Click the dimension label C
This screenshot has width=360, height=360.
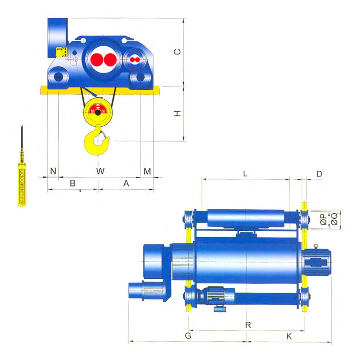click(177, 51)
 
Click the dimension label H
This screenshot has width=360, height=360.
click(177, 113)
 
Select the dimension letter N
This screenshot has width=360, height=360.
click(53, 171)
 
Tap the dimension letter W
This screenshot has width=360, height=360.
click(100, 171)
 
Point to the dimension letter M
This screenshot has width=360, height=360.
click(147, 171)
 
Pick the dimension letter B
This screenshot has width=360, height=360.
click(73, 183)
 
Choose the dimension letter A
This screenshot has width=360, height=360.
click(126, 183)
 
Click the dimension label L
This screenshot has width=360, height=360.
click(245, 174)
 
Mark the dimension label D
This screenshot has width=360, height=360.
click(319, 174)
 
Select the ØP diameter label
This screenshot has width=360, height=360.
click(323, 219)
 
